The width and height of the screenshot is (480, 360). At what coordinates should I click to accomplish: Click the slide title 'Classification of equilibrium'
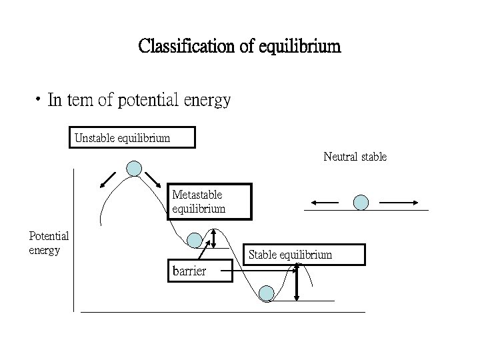(239, 47)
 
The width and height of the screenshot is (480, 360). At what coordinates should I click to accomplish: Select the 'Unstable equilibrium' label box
(133, 138)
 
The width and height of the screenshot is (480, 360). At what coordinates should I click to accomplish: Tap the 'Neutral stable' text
(355, 157)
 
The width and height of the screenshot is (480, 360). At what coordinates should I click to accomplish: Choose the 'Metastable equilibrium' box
(209, 201)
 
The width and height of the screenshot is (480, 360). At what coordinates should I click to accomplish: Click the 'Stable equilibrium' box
(304, 255)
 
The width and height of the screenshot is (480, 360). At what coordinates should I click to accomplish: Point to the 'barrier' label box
(199, 271)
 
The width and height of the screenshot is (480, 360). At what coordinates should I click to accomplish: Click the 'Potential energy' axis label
(49, 243)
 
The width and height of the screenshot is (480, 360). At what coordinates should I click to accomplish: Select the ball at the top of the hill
(135, 168)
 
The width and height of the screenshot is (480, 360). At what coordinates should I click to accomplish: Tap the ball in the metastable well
(194, 240)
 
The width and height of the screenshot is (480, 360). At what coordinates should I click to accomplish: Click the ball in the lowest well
(266, 293)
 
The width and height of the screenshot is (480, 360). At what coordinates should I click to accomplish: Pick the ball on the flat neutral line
(361, 201)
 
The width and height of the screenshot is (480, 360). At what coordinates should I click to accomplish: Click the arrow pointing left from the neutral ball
(325, 201)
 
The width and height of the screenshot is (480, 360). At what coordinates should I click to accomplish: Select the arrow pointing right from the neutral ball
(398, 201)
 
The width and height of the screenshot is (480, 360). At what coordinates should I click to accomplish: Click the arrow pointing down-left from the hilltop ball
(108, 178)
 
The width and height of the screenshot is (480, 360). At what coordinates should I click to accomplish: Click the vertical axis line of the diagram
(73, 240)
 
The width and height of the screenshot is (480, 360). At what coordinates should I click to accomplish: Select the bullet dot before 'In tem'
(41, 101)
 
